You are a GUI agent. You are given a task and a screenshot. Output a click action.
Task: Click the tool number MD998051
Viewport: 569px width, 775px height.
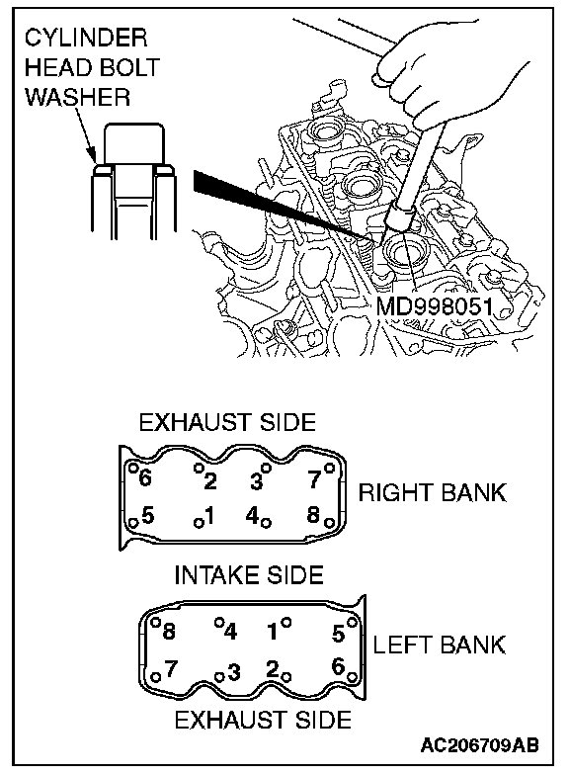point(435,306)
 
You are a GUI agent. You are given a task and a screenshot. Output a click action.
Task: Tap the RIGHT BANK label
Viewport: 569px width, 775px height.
point(433,492)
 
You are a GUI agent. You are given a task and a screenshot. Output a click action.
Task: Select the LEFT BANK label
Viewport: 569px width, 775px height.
point(439,645)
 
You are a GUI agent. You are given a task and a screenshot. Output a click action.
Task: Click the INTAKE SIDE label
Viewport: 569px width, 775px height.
point(249,575)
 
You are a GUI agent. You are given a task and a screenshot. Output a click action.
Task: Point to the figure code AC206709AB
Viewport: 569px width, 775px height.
point(480,745)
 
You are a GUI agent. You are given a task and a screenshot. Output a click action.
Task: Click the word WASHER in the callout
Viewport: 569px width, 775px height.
point(77,97)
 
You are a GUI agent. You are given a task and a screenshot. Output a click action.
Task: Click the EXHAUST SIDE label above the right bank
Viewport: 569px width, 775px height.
point(227,423)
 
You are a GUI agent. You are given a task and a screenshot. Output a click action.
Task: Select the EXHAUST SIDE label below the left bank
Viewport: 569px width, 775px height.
point(263,720)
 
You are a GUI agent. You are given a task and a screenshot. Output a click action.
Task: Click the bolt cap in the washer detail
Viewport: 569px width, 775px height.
point(134,143)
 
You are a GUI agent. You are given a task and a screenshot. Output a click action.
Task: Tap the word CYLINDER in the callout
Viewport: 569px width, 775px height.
point(86,38)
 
